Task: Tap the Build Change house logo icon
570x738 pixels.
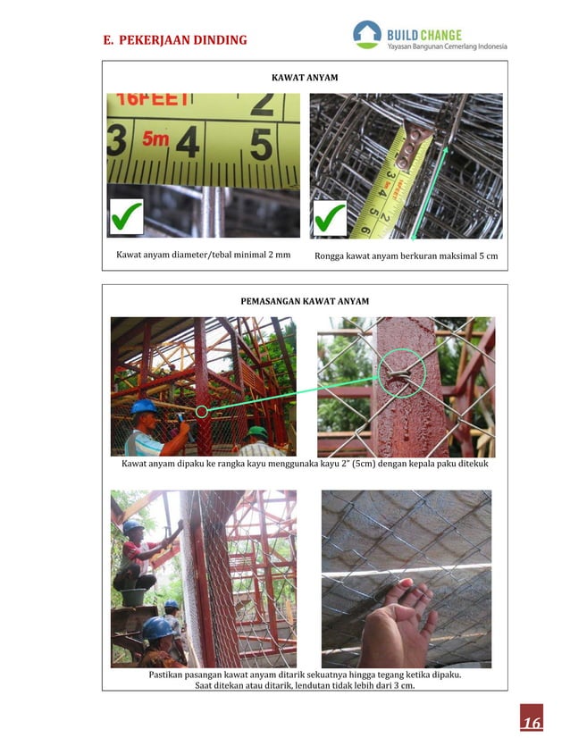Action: tap(366, 34)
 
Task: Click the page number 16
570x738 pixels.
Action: tap(532, 722)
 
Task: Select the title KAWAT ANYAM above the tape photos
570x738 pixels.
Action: tap(305, 79)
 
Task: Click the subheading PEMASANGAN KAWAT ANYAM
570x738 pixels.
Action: tap(305, 301)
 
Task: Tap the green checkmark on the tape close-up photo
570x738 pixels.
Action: tap(125, 216)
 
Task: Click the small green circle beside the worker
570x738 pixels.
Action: tap(202, 411)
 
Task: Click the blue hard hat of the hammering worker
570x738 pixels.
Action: tap(143, 407)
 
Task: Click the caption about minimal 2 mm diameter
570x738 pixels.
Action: tap(205, 256)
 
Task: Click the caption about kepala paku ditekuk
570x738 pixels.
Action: tap(305, 465)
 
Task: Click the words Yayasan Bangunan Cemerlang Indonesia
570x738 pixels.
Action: tap(447, 46)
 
